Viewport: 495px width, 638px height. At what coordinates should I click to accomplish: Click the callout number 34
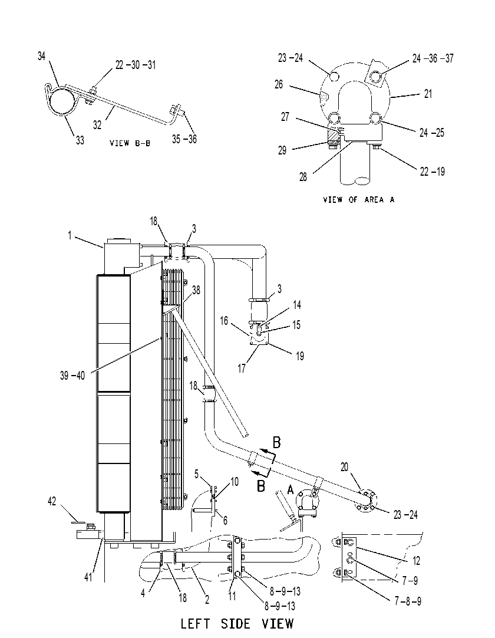(x=41, y=56)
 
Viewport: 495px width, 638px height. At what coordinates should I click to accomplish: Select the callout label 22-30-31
(x=136, y=65)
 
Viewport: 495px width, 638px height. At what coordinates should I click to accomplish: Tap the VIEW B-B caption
(x=130, y=143)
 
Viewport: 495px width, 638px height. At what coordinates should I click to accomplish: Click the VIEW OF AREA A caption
(x=359, y=199)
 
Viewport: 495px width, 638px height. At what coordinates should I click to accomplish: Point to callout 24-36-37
(x=433, y=58)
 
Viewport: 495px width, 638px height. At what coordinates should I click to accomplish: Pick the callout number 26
(x=279, y=84)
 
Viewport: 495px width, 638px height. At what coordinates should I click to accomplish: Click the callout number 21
(x=428, y=94)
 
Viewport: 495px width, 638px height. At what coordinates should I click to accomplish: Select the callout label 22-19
(x=433, y=172)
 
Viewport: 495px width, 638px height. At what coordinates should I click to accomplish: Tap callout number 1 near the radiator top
(x=70, y=235)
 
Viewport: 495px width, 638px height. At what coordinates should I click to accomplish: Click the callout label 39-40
(x=72, y=375)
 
